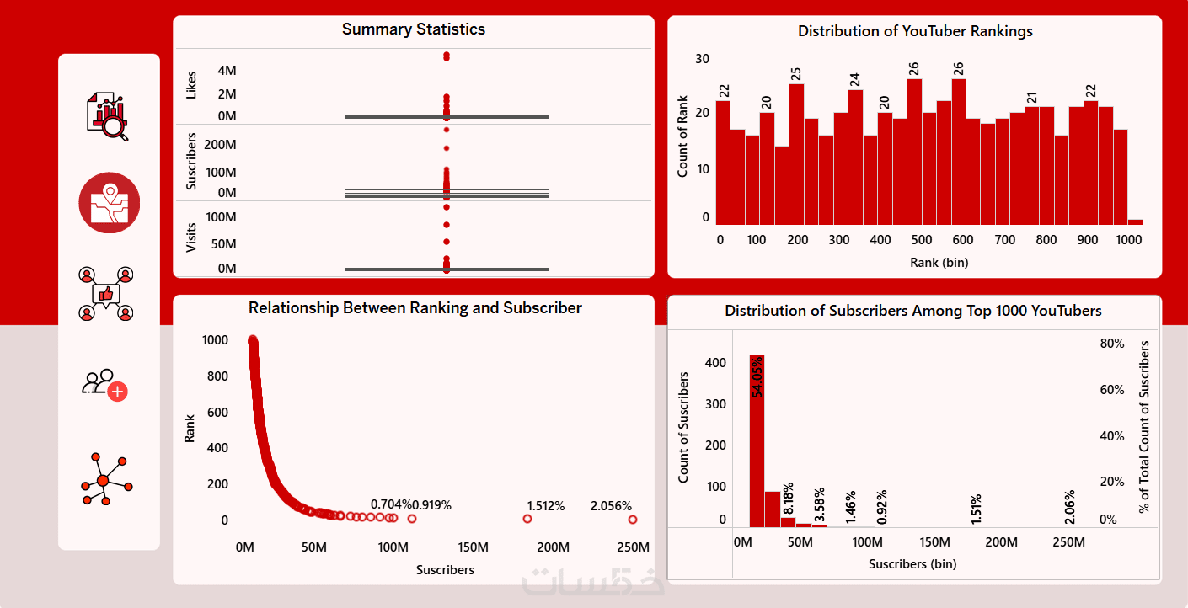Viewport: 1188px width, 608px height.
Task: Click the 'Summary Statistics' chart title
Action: [x=413, y=29]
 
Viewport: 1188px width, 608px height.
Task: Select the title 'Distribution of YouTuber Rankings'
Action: [x=915, y=31]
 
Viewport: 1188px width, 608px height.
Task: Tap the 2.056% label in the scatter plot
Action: [x=611, y=506]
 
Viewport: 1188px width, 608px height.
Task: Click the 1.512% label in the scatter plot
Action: [x=545, y=506]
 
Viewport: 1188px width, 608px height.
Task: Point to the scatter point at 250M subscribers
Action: [x=632, y=520]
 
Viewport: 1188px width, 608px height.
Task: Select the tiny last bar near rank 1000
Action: [x=1135, y=221]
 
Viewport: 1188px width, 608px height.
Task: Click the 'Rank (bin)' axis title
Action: [x=939, y=263]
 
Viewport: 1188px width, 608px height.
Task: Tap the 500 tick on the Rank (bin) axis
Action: [x=922, y=240]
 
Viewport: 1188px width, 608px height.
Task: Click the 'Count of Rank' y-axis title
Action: [x=683, y=136]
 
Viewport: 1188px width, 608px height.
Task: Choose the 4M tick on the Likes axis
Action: [x=227, y=71]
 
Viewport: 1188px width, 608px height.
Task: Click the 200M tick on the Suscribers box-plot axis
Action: [x=220, y=145]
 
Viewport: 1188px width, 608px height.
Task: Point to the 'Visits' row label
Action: [x=191, y=237]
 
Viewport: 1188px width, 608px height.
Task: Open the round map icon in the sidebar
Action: [x=110, y=203]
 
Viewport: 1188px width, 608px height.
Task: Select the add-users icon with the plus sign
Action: [x=104, y=385]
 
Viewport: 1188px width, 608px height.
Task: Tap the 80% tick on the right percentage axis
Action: [x=1112, y=344]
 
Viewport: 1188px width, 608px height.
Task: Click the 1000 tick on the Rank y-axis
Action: [x=215, y=340]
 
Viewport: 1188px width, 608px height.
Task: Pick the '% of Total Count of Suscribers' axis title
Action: [x=1143, y=426]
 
